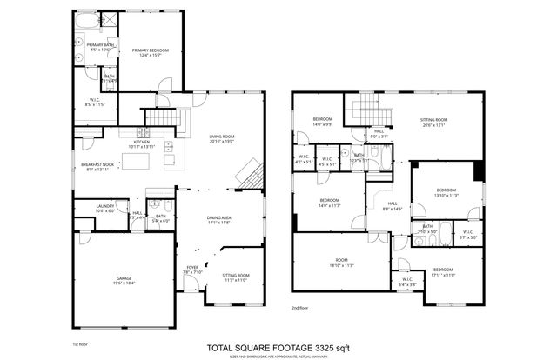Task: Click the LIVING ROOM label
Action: point(223,138)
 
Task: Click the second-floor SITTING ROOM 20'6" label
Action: point(433,122)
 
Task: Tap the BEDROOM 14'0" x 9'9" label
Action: point(323,122)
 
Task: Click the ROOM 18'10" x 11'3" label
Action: point(342,264)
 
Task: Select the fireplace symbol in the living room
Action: point(250,172)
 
